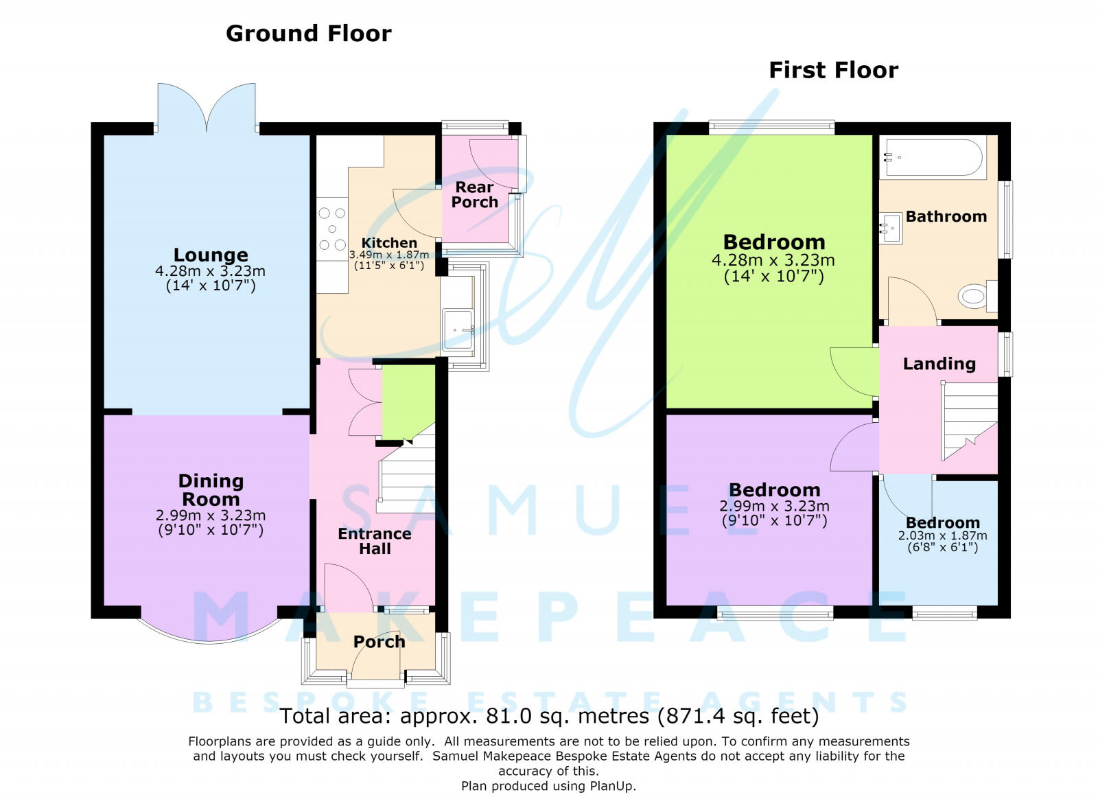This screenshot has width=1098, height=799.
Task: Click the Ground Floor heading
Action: point(308,34)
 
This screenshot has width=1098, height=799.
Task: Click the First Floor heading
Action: point(833,70)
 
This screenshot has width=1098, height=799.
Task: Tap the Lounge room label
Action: point(211,255)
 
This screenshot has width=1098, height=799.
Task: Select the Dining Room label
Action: point(211,489)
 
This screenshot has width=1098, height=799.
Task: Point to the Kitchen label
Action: point(389,242)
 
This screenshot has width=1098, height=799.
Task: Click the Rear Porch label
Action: point(474,195)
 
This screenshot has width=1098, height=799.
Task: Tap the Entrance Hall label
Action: point(375,541)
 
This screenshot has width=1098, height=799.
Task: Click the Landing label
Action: point(939,364)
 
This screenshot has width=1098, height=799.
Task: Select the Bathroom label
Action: point(946,216)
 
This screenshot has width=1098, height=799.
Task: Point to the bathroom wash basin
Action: point(891,229)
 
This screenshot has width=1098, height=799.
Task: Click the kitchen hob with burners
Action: point(332,229)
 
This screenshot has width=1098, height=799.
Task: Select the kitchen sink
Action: point(457,328)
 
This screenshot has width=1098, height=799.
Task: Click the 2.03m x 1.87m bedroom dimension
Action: point(942,536)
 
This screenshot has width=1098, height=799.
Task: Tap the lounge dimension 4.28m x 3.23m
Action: point(210,271)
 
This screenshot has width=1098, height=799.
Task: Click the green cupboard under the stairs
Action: point(408,402)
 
